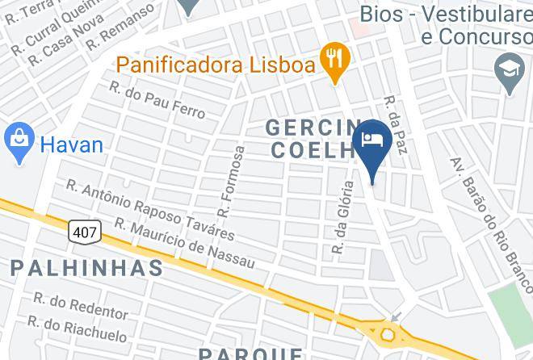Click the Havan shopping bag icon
[x=18, y=144]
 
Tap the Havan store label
[x=72, y=145]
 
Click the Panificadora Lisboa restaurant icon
[x=334, y=62]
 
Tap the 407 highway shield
[x=86, y=232]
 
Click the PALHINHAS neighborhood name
[x=87, y=267]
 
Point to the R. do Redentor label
[x=80, y=306]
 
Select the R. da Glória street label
[x=344, y=218]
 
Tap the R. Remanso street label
[x=120, y=24]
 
